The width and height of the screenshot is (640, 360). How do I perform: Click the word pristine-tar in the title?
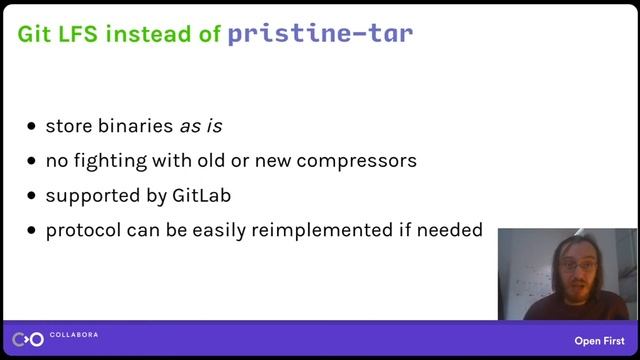pyautogui.click(x=320, y=34)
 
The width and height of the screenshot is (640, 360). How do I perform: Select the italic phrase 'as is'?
pyautogui.click(x=200, y=126)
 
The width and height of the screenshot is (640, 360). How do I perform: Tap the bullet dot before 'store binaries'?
pyautogui.click(x=33, y=127)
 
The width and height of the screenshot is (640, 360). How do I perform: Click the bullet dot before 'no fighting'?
pyautogui.click(x=33, y=161)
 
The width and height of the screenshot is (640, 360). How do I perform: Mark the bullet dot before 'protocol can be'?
pyautogui.click(x=33, y=230)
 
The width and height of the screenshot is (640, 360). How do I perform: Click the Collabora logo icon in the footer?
pyautogui.click(x=29, y=339)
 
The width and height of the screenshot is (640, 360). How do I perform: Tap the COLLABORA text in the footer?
pyautogui.click(x=75, y=334)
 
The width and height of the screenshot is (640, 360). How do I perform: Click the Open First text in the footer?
pyautogui.click(x=600, y=340)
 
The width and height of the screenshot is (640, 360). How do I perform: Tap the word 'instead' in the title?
pyautogui.click(x=148, y=34)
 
